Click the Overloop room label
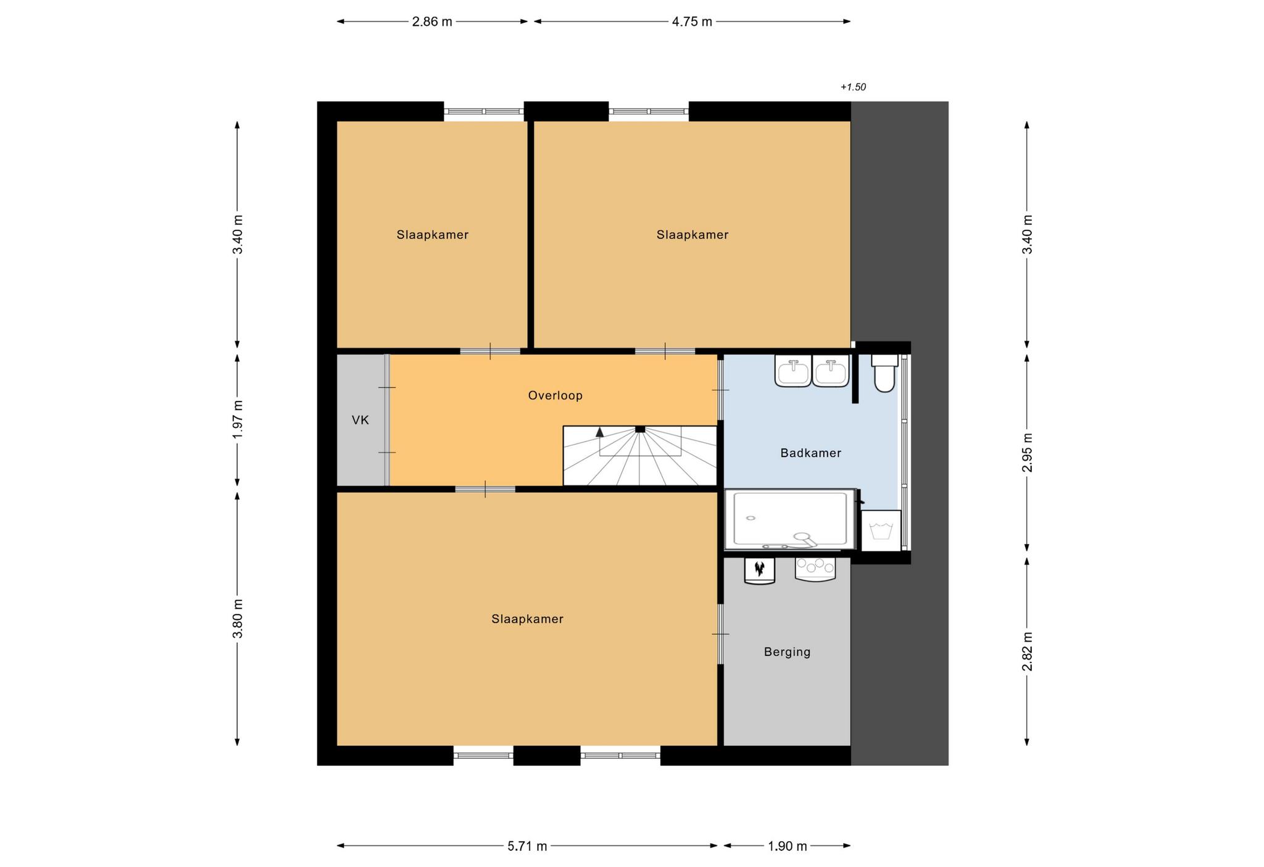click(555, 395)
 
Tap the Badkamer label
click(810, 453)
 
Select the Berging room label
click(787, 651)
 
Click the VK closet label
click(360, 421)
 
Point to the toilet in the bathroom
click(884, 373)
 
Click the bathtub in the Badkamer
click(791, 519)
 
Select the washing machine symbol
click(881, 530)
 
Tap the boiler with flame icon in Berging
click(760, 570)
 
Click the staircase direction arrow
click(600, 432)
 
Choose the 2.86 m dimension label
click(432, 22)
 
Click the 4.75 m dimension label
click(692, 22)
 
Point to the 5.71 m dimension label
click(527, 846)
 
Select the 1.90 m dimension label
click(788, 846)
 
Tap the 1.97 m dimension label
click(238, 419)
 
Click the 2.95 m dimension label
click(1027, 452)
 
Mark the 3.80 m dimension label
click(238, 619)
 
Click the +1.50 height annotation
click(853, 87)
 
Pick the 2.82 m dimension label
click(1027, 651)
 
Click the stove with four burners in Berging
click(815, 569)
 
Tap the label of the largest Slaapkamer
click(527, 619)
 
